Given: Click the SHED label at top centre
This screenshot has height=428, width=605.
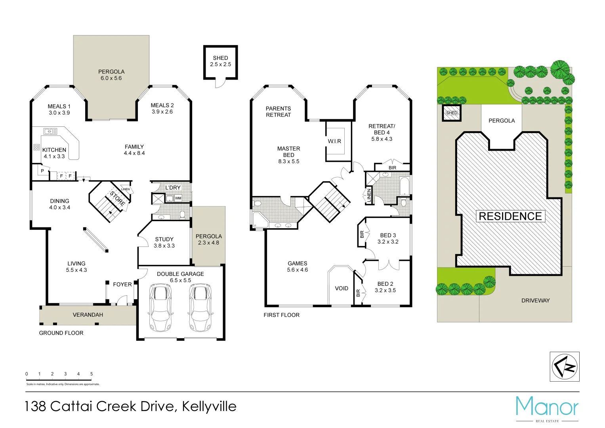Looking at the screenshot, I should (x=220, y=61).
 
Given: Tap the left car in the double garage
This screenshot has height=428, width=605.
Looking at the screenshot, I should (x=160, y=308).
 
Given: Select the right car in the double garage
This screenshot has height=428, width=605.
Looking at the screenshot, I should (x=200, y=308).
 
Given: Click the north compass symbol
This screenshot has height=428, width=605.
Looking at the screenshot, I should (x=565, y=367).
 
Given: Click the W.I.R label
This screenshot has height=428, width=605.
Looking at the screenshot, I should (x=334, y=141).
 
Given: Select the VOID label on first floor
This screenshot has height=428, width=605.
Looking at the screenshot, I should (x=342, y=289).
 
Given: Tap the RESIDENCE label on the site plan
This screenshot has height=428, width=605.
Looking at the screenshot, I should (x=510, y=216).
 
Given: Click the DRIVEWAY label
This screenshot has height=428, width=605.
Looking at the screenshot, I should (x=535, y=300).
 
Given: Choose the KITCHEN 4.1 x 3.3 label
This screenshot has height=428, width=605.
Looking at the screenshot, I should (x=54, y=153).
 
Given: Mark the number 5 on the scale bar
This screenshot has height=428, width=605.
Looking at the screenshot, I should (x=92, y=374).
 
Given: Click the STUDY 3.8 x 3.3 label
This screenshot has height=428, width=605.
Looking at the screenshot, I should (x=164, y=243).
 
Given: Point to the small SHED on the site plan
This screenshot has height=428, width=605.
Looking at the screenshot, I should (x=452, y=113).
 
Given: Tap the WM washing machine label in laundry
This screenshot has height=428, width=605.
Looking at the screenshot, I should (x=178, y=198).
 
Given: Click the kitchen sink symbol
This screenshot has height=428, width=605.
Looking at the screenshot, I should (x=50, y=131).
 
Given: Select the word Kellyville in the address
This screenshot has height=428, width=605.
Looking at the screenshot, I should (x=209, y=406).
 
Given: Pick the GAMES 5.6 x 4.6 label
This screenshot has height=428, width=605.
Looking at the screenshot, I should (x=298, y=266).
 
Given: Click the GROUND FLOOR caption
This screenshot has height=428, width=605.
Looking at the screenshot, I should (x=61, y=333).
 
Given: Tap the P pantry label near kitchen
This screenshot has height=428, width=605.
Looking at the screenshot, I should (x=42, y=171).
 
